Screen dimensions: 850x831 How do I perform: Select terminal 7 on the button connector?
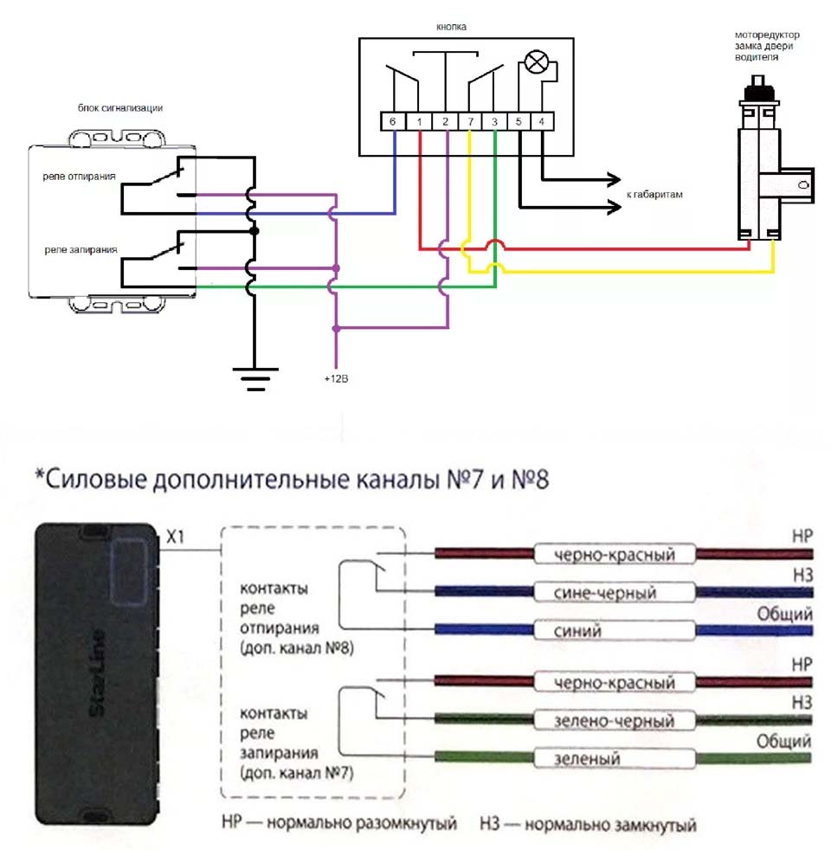pos(470,122)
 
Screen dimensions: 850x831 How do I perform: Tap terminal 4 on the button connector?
pos(541,122)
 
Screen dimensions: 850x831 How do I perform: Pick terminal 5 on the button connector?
pos(518,122)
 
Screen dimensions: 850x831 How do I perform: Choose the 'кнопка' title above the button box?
pos(451,27)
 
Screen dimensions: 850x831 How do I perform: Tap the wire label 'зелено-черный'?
pos(616,720)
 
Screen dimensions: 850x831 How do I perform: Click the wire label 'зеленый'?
pos(588,759)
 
